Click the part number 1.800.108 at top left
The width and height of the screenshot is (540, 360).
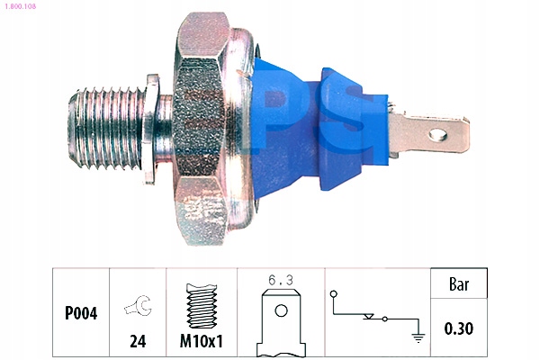20,6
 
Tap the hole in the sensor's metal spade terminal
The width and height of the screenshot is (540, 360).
437,135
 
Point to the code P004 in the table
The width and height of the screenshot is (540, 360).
81,313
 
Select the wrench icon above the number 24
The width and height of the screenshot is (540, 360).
138,305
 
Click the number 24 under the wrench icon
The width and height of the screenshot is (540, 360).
138,341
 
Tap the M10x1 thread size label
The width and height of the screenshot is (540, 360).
202,341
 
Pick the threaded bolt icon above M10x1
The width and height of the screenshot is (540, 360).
202,306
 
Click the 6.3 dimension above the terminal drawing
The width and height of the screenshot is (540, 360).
281,281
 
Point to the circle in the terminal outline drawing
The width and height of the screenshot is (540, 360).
281,310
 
